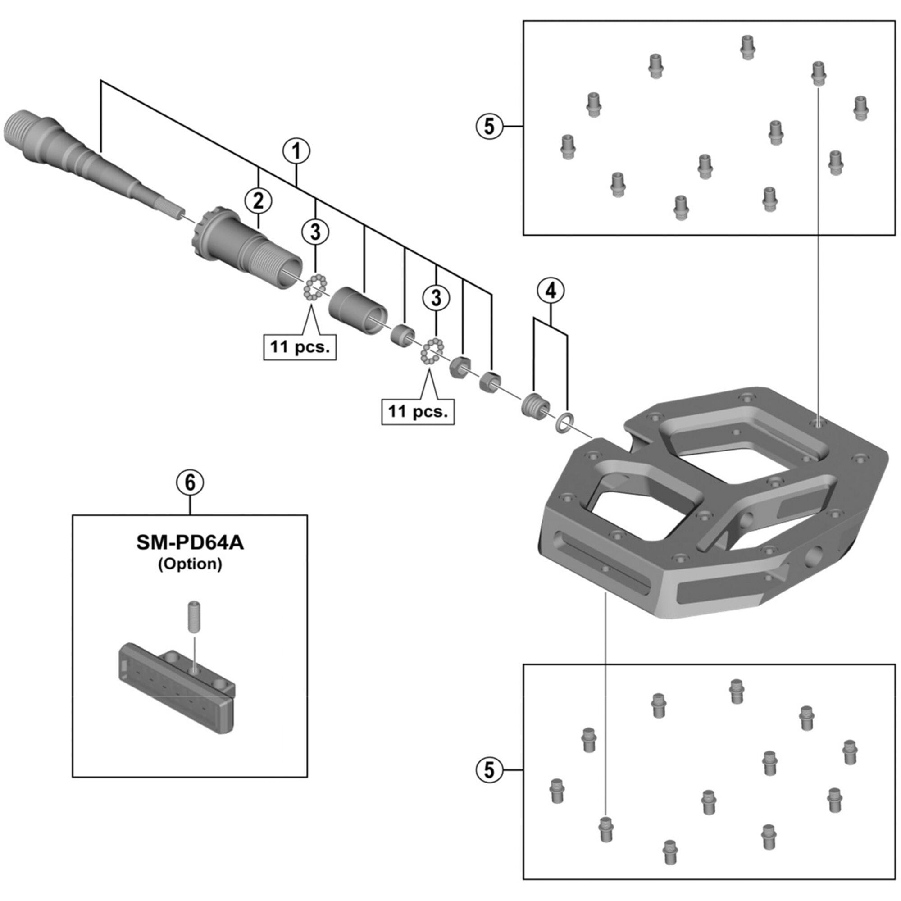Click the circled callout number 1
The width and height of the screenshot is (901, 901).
click(x=296, y=150)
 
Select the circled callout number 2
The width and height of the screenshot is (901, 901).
click(x=258, y=201)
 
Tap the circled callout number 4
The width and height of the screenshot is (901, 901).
click(x=551, y=291)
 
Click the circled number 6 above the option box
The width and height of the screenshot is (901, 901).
click(x=190, y=482)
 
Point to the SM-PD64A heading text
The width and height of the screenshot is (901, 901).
click(x=190, y=543)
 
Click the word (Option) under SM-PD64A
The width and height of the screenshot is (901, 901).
click(x=190, y=564)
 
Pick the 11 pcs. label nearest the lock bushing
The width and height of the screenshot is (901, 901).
click(x=300, y=347)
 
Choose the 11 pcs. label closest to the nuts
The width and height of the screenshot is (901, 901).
click(x=418, y=411)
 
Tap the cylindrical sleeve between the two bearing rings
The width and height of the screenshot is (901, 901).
click(x=358, y=310)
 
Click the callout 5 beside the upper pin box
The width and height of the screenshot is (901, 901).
click(x=489, y=126)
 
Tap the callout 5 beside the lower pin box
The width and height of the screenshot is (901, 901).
click(x=489, y=770)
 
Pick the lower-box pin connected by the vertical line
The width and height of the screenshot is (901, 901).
click(x=605, y=830)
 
